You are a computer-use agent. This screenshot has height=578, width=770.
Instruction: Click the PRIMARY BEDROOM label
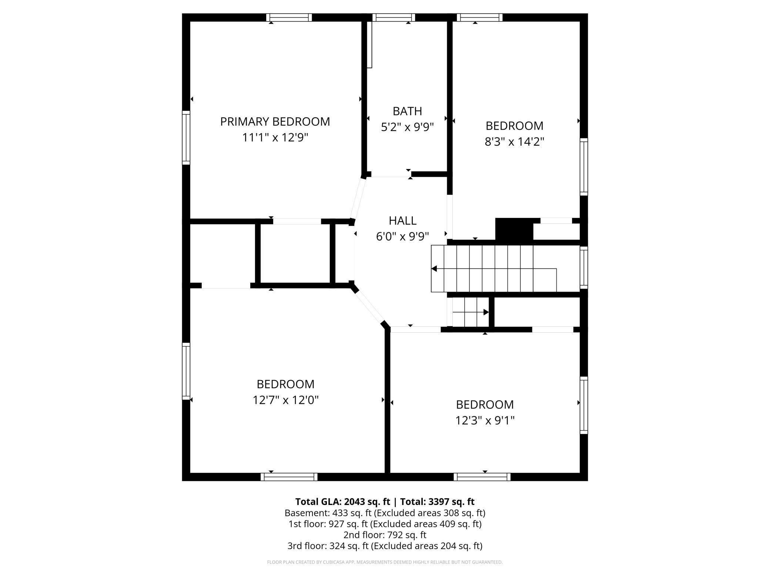click(275, 122)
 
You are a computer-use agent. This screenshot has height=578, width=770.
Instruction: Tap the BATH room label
click(407, 111)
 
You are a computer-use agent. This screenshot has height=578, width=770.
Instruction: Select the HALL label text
click(402, 220)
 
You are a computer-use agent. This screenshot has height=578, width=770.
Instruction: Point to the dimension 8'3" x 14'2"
click(514, 142)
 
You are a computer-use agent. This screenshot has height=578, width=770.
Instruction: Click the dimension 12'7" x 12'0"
click(285, 400)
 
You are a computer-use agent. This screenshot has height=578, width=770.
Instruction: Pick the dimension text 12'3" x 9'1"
click(485, 420)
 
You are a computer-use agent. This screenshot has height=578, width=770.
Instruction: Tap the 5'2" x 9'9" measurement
click(407, 127)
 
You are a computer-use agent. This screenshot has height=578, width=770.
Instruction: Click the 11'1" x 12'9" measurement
click(275, 137)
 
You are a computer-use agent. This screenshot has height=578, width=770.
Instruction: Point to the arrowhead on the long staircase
click(434, 269)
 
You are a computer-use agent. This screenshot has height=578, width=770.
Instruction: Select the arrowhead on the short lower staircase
click(486, 312)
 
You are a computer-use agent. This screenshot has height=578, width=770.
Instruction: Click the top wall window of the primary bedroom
click(289, 17)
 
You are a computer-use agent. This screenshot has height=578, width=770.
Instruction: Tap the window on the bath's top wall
click(394, 17)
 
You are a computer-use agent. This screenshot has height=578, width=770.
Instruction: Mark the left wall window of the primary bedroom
click(186, 137)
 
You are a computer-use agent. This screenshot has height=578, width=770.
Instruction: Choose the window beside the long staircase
click(584, 267)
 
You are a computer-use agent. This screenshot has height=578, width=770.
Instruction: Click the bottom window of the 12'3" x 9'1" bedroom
click(482, 477)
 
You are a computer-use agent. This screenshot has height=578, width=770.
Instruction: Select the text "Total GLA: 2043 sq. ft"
click(342, 502)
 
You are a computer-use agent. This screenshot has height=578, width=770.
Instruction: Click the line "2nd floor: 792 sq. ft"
click(385, 535)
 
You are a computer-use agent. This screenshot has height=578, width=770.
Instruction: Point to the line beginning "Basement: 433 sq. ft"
click(385, 513)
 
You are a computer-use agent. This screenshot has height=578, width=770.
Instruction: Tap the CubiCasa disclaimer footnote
click(385, 562)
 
